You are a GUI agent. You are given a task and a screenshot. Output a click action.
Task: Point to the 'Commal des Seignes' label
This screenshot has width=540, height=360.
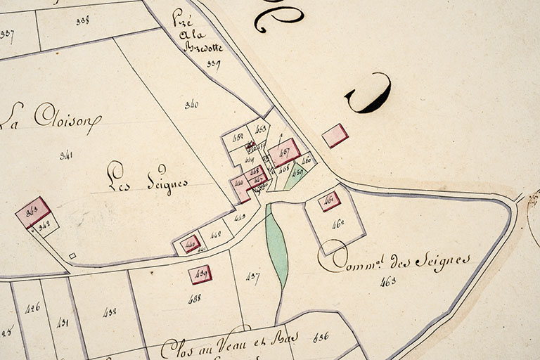tap(394, 262)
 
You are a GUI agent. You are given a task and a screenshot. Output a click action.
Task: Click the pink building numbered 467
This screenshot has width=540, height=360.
tap(285, 152)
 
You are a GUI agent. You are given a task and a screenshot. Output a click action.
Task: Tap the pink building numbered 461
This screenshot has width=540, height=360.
tap(328, 201)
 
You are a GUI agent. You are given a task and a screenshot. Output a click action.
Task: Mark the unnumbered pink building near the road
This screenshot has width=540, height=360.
tap(335, 135)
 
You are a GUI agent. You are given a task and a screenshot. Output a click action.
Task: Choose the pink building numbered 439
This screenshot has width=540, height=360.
tap(200, 274)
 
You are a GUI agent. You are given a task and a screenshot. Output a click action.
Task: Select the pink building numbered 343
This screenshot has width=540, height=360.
tap(33, 212)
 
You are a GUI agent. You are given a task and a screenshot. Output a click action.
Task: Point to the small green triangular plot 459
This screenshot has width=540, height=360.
tap(296, 174)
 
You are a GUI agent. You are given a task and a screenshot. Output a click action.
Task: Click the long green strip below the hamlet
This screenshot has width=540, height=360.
tap(277, 246)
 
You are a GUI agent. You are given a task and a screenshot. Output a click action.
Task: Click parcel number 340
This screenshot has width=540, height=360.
tap(191, 105)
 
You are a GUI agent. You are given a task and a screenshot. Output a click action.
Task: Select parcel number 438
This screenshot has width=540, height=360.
tap(195, 298)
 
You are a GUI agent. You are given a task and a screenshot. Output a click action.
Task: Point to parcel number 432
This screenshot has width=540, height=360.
tap(109, 311)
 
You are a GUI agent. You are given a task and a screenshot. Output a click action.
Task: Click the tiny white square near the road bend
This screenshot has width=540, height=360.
tap(72, 255)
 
